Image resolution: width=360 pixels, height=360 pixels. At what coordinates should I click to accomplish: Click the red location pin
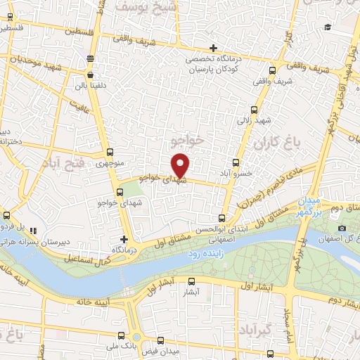(x=181, y=165)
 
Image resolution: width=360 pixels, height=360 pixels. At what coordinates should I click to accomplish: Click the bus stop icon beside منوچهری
(x=109, y=153)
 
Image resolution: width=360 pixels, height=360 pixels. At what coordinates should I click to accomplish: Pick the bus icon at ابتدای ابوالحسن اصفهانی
(x=222, y=219)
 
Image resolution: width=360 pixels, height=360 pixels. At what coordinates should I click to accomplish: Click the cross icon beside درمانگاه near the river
(x=124, y=239)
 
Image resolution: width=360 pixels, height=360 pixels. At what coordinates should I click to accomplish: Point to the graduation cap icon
(x=327, y=27)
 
